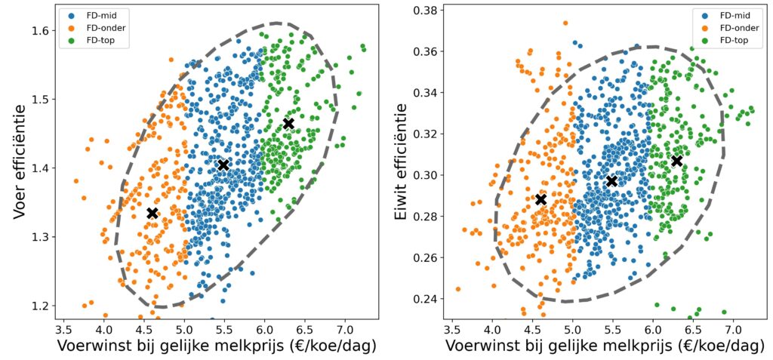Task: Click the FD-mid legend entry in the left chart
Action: pos(90,15)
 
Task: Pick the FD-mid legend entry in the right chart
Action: pos(731,15)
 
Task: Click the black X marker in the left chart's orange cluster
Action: pos(152,214)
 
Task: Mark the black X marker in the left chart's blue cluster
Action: pos(223,165)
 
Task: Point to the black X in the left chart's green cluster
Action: pos(288,124)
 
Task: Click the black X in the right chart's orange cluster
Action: pos(540,199)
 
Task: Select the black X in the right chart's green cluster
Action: pos(677,161)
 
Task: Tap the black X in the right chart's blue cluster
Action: pos(611,181)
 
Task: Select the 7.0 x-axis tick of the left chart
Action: pos(344,329)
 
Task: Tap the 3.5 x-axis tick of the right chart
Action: pos(452,329)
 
